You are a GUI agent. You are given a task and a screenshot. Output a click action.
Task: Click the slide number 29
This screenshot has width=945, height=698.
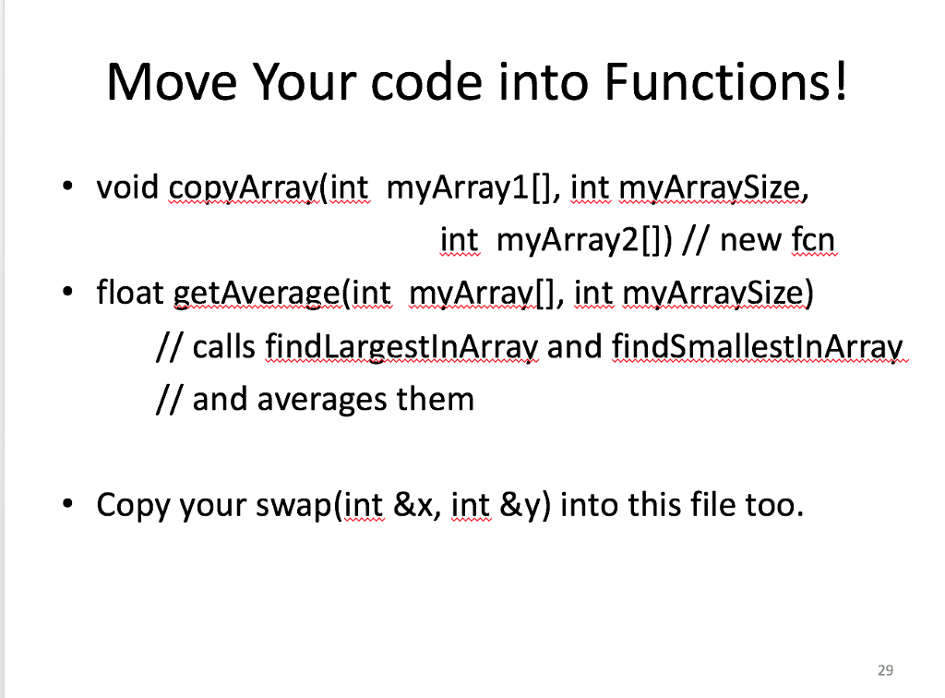(x=886, y=671)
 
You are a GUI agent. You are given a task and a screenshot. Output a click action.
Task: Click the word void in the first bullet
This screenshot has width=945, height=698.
(x=128, y=189)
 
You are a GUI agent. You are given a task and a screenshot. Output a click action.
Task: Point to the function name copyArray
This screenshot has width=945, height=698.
(x=244, y=190)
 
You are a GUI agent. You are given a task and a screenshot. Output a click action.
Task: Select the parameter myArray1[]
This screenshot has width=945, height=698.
(x=470, y=190)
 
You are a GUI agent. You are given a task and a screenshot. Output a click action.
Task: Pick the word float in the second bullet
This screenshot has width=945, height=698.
(x=130, y=294)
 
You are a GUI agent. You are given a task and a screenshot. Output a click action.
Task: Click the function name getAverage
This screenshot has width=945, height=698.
(x=257, y=295)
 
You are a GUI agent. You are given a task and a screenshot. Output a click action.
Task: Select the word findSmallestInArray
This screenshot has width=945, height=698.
(x=756, y=347)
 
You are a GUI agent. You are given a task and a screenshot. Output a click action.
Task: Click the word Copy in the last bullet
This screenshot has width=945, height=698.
(x=134, y=506)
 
